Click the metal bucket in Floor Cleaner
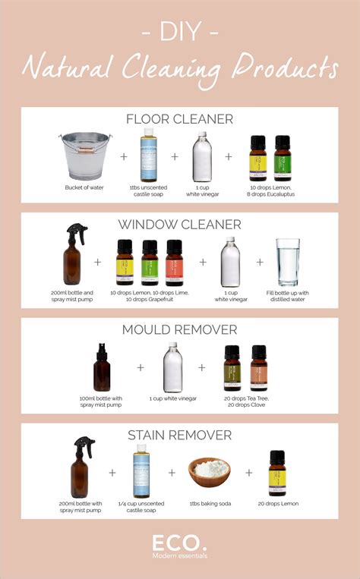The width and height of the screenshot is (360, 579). [85, 156]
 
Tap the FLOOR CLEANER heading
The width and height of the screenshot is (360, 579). [180, 118]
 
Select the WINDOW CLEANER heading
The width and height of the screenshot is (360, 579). [180, 224]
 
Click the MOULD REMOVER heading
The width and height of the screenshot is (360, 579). [180, 329]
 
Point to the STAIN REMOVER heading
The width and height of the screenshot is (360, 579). [180, 434]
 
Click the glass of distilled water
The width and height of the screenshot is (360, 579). [287, 262]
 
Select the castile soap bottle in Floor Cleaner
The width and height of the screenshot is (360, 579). [147, 155]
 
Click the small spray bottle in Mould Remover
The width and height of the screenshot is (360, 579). [102, 367]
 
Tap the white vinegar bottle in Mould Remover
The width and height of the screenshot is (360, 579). [172, 367]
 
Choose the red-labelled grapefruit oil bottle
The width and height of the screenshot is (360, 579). [175, 263]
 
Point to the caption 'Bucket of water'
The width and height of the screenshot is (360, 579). [85, 186]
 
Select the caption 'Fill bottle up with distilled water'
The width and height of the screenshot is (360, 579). [288, 295]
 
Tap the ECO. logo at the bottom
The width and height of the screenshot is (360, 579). [180, 544]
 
